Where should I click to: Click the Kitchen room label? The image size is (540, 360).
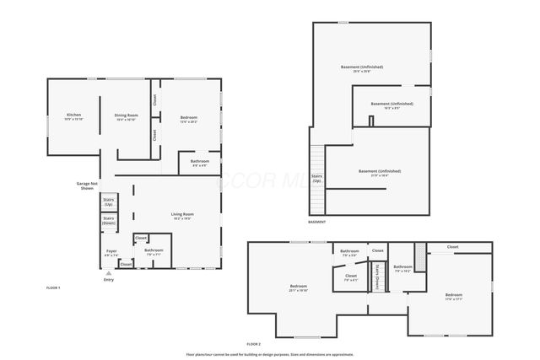[73, 116]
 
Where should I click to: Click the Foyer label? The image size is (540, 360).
[111, 252]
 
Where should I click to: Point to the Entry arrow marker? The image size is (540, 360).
[107, 273]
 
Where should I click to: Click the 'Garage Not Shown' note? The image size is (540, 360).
[88, 185]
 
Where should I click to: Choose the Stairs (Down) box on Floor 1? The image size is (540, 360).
[109, 221]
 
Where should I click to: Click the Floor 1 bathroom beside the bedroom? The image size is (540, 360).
[200, 163]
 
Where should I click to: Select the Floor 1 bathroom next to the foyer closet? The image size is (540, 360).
[154, 251]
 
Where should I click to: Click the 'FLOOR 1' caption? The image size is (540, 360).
[53, 288]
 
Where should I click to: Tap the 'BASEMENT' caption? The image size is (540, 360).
[316, 222]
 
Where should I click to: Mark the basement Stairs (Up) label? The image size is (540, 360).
[317, 180]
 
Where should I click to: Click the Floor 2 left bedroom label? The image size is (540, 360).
[298, 289]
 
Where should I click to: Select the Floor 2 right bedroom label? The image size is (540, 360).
[454, 296]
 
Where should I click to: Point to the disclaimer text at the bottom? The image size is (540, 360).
[270, 354]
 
